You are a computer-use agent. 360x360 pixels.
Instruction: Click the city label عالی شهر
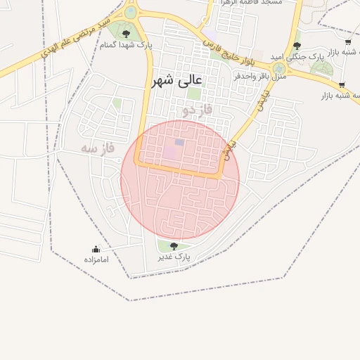(x=176, y=81)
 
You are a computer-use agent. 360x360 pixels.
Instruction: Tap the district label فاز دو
(x=196, y=110)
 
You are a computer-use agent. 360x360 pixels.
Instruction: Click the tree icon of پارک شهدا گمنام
(x=126, y=33)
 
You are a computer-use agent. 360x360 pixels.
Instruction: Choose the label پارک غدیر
(x=174, y=258)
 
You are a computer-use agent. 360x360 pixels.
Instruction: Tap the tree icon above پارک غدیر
(x=174, y=245)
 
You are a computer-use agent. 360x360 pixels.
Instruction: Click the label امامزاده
(x=96, y=260)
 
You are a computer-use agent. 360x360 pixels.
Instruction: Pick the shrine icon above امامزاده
(x=96, y=249)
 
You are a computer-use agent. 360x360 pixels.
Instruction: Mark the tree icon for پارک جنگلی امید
(x=297, y=46)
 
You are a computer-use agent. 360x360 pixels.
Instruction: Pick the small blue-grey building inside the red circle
(x=179, y=143)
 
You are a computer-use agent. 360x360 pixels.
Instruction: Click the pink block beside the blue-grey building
(x=171, y=151)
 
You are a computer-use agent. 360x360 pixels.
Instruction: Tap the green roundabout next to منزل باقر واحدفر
(x=279, y=67)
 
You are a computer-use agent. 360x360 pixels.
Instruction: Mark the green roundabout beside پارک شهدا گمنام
(x=131, y=12)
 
